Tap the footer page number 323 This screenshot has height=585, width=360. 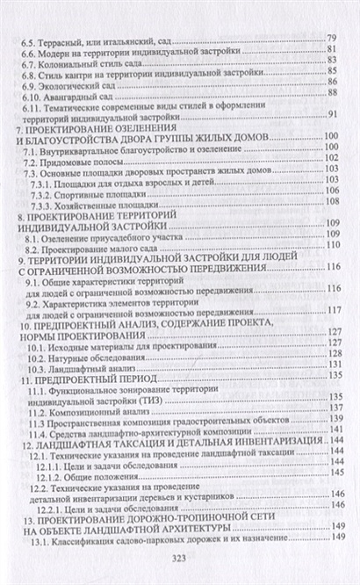[x=180, y=558]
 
